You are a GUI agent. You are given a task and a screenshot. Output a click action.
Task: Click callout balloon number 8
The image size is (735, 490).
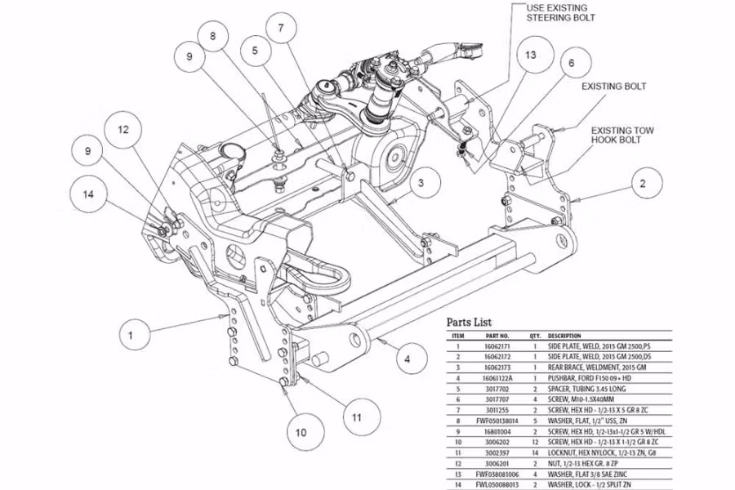tap(213, 36)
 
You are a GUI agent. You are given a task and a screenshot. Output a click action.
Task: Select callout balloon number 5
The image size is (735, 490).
tap(255, 50)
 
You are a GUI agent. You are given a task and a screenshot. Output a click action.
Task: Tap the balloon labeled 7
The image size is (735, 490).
tap(281, 29)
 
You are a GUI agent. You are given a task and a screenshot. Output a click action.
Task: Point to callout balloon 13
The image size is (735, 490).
tap(531, 55)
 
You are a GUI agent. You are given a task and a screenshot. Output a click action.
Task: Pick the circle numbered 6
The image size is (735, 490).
tap(572, 63)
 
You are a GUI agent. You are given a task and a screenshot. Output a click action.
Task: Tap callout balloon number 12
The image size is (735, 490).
tap(123, 129)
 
